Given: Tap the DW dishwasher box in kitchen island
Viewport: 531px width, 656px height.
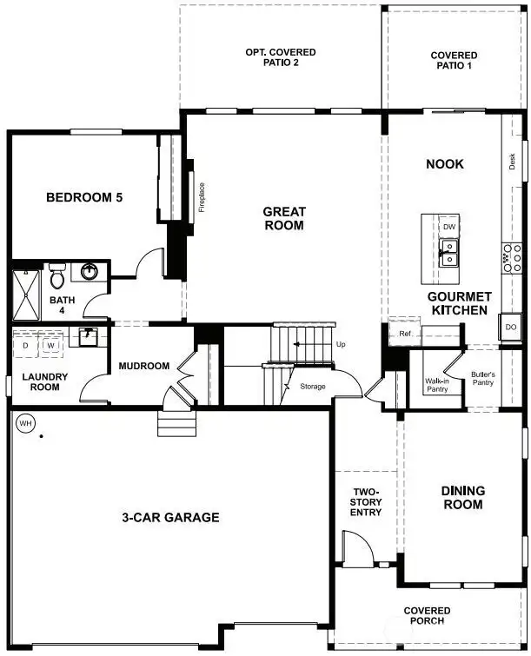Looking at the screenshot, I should (449, 227).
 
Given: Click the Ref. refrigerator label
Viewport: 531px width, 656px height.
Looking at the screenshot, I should (405, 334).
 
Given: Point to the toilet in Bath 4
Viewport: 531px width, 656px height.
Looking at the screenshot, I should (58, 277).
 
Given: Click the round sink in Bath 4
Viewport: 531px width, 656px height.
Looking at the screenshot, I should (90, 272).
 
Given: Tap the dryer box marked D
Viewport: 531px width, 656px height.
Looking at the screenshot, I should (26, 345).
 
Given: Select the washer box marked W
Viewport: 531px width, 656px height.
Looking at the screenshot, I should (51, 345).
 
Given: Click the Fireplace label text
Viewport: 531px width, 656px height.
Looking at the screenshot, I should (202, 197).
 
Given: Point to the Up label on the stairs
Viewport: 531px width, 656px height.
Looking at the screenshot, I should (341, 345).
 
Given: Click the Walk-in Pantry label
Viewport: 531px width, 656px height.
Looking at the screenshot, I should (435, 385).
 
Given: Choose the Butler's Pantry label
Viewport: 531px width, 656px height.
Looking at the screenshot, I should (482, 380).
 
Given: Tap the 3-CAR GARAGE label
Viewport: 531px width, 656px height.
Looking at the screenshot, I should (170, 518).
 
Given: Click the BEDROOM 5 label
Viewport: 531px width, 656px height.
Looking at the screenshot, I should (84, 198).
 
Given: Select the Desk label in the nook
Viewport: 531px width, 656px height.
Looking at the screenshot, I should (513, 161).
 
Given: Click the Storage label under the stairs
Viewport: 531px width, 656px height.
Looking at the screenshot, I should (313, 386).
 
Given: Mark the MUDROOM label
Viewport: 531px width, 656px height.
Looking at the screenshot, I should (143, 366).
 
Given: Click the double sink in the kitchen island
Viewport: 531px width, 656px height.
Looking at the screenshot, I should (449, 253).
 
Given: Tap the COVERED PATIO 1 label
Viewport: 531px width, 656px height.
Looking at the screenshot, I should (454, 61).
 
